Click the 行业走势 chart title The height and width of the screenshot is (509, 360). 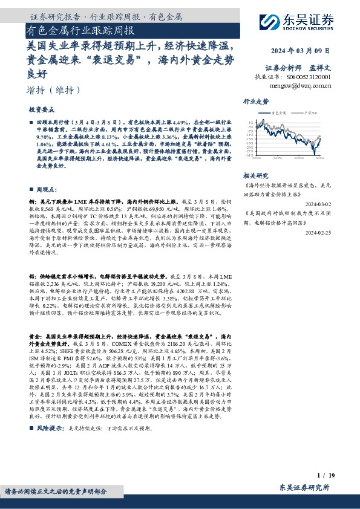[x=255, y=102]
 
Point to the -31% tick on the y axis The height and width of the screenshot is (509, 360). [x=249, y=155]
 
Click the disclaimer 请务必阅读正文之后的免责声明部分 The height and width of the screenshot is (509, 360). [x=60, y=491]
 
